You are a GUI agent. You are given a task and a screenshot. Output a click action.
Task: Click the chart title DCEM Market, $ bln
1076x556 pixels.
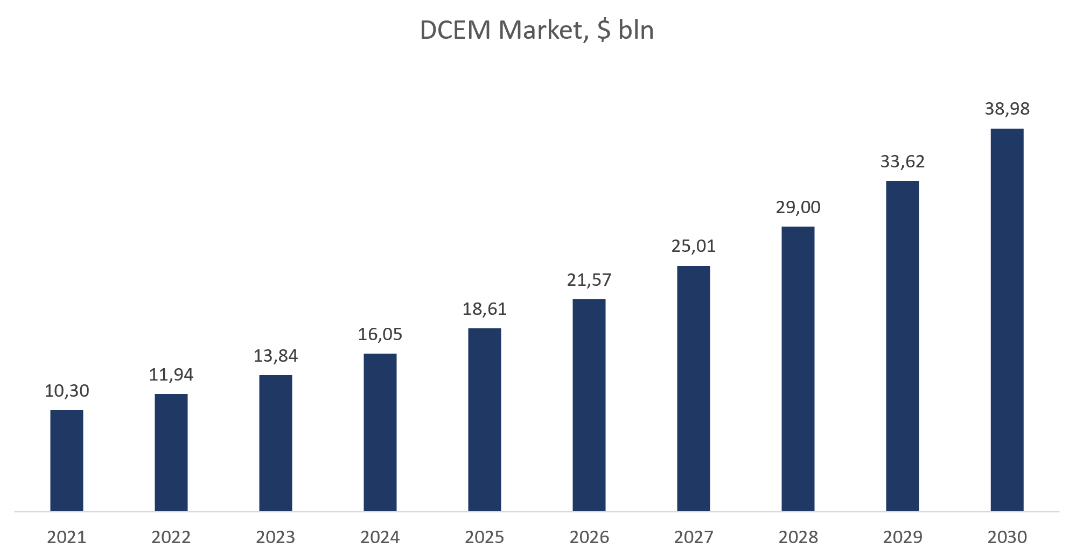[x=537, y=31]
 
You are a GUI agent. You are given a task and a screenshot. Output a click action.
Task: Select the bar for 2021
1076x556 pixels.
[x=67, y=460]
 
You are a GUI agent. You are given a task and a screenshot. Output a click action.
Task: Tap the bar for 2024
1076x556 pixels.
[x=380, y=432]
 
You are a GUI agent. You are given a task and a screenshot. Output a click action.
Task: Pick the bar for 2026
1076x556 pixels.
[x=589, y=405]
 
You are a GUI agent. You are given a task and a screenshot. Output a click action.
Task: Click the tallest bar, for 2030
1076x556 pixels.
[x=1007, y=320]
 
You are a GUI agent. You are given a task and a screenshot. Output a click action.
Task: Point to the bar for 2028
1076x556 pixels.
[x=798, y=369]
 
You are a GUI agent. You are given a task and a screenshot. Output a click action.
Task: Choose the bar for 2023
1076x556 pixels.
[x=276, y=443]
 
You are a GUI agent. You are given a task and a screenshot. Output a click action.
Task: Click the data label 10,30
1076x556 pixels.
[x=67, y=391]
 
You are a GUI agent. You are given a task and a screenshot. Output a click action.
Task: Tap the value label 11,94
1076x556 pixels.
[x=171, y=375]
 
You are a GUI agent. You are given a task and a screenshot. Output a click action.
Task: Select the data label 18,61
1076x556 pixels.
[x=485, y=309]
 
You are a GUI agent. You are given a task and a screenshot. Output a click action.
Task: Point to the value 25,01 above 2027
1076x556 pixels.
[x=694, y=247]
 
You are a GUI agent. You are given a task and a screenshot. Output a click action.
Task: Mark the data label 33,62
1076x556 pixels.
[x=903, y=162]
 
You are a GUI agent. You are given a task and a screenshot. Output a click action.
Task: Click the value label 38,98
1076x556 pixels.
[x=1007, y=109]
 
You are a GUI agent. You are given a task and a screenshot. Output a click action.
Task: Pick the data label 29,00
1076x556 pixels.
[x=798, y=207]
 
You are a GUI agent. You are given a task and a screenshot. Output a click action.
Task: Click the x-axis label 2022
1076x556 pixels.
[x=171, y=537]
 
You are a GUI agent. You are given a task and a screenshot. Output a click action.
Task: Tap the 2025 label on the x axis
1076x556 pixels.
[x=485, y=537]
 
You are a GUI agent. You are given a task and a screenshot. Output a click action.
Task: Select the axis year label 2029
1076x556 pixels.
[x=903, y=537]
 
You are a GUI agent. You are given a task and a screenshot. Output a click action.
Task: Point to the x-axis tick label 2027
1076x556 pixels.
[x=694, y=537]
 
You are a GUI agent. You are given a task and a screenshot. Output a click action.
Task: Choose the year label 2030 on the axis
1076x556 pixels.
[x=1007, y=537]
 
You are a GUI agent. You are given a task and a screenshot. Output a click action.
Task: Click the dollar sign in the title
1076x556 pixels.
[x=604, y=31]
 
